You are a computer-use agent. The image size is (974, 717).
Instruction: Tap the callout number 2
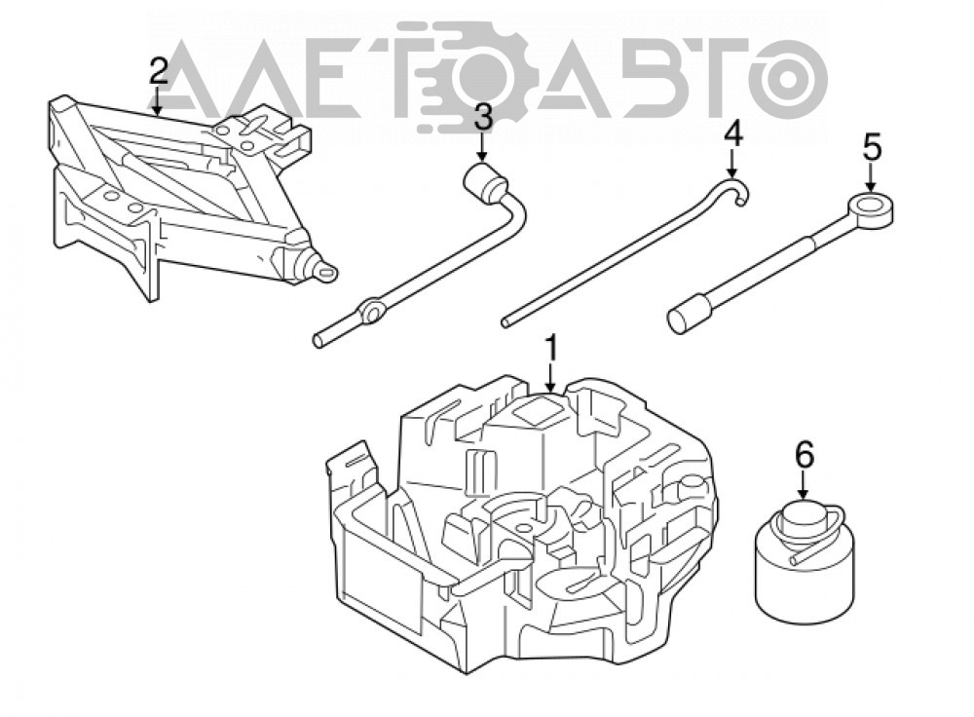[159, 71]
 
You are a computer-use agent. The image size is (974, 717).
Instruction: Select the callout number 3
[482, 118]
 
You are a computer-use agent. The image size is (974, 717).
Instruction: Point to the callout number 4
[733, 133]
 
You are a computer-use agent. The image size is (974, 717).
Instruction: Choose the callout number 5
[872, 149]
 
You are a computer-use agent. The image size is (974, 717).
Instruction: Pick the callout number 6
[805, 456]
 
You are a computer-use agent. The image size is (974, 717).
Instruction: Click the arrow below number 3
[482, 148]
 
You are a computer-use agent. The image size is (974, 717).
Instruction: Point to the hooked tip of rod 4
[739, 188]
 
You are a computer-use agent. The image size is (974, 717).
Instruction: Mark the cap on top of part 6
[803, 515]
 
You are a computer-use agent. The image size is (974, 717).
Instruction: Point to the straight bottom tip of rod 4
[506, 321]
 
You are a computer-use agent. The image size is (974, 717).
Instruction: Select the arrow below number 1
[551, 379]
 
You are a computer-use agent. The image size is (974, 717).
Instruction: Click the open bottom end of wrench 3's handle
[318, 340]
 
